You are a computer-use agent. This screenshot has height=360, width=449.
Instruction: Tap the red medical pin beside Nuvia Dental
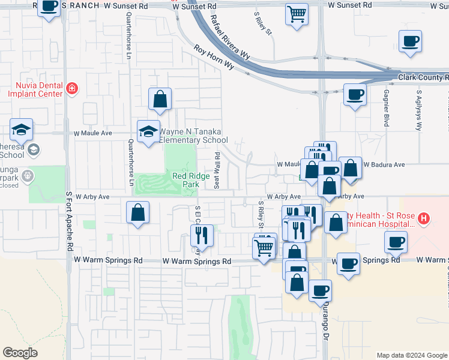[72, 89]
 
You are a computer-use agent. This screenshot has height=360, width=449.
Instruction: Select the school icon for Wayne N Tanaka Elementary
[148, 131]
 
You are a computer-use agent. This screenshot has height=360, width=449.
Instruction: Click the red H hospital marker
[424, 219]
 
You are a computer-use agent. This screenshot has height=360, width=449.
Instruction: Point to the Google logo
[20, 353]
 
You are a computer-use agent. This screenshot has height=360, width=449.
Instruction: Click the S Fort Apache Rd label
[70, 221]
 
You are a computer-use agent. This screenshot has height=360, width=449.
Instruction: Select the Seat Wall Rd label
[217, 170]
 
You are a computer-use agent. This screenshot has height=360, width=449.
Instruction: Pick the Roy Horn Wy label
[214, 58]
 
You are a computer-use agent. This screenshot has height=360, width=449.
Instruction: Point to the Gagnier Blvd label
[386, 108]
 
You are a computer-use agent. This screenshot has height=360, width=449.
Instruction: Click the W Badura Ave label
[384, 164]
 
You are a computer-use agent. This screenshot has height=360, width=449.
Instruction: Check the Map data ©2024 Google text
[411, 355]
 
